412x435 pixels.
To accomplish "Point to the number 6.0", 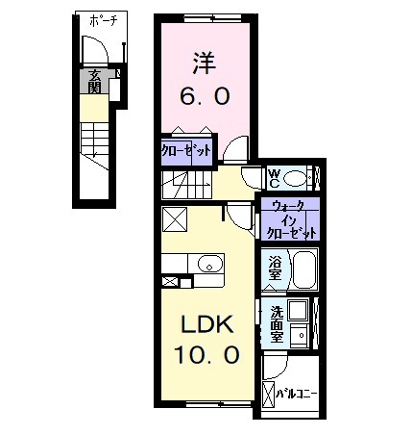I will pos(204,96).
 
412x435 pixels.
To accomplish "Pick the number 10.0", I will pos(206,355).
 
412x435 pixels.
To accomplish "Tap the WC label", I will pos(274,178).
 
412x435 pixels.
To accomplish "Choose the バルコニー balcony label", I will pos(299,393).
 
